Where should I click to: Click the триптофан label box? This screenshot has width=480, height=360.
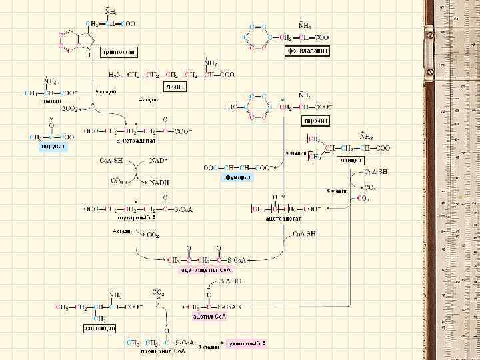point(118,51)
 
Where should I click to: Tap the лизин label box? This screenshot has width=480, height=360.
point(173,87)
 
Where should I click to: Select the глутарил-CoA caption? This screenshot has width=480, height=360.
point(136,217)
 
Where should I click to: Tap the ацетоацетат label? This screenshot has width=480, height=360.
point(283,218)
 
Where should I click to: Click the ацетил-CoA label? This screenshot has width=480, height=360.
point(209,316)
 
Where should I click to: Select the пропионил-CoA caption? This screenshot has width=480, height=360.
point(153,351)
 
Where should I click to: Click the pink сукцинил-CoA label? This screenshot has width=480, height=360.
point(245,343)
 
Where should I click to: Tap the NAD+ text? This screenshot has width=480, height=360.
point(159,161)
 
